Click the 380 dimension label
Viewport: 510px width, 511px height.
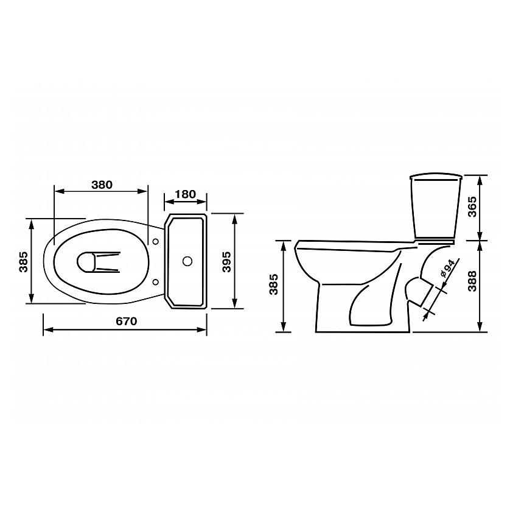coord(102,185)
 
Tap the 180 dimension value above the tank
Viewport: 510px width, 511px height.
coord(185,194)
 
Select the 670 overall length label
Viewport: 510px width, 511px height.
coord(127,322)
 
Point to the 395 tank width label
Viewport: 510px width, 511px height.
coord(226,261)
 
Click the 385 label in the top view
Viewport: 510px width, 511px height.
coord(24,261)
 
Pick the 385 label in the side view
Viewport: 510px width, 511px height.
coord(274,284)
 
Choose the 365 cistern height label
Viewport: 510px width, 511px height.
coord(472,206)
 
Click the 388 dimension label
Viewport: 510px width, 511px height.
coord(472,281)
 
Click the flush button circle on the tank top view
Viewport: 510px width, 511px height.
coord(187,261)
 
